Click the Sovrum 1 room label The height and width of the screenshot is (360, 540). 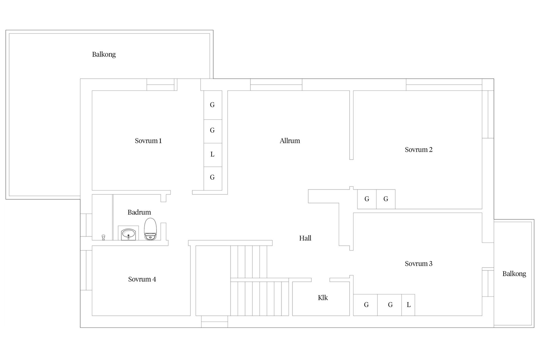coord(148,141)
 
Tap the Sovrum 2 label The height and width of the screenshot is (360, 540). coord(418,150)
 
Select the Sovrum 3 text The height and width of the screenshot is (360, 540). coord(418,264)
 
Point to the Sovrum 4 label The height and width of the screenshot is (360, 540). coord(142,279)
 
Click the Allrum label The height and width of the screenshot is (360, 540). coord(290,141)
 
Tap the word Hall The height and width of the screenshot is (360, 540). coord(305,238)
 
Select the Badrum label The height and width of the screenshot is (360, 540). coord(139,212)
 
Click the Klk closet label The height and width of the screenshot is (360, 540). coord(323,298)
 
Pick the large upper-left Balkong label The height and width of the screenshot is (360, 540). coord(104,54)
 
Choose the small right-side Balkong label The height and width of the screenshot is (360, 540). coord(514,274)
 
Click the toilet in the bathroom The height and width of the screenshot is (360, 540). coord(150,229)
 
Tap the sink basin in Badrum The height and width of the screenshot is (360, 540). coord(129,233)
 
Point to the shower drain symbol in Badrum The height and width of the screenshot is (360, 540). coord(103,237)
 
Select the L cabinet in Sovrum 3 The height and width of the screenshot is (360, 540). coord(408,305)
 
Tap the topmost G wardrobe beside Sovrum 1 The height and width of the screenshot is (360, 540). coord(213,105)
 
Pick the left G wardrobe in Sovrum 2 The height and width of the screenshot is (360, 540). coord(367,199)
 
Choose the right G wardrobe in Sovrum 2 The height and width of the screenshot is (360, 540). coord(386,199)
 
